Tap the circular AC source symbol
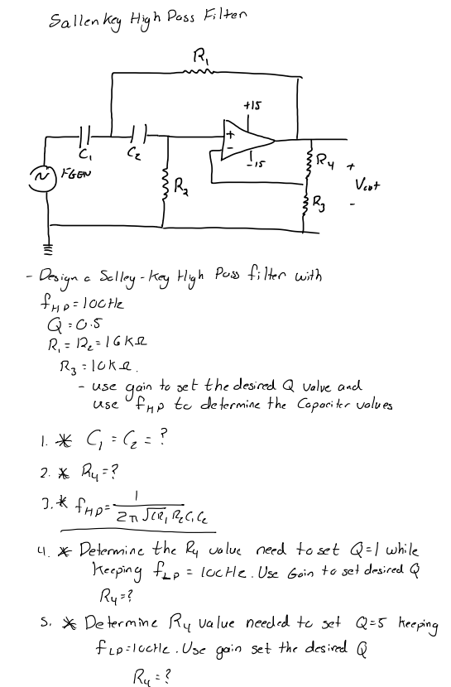point(37,177)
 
